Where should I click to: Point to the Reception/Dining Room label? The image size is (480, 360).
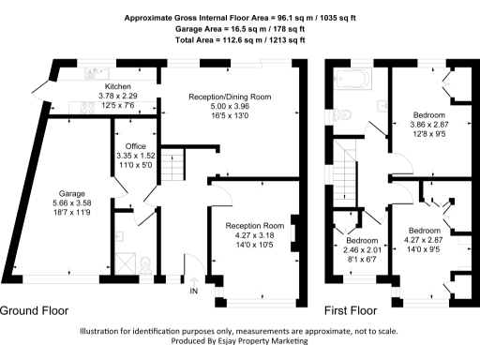coord(230,97)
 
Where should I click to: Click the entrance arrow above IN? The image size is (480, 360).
coord(195,279)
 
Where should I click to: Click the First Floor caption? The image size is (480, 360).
coord(351,310)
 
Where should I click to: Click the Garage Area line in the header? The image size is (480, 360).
coord(240,29)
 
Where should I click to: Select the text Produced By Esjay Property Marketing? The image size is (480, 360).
coord(240,341)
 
